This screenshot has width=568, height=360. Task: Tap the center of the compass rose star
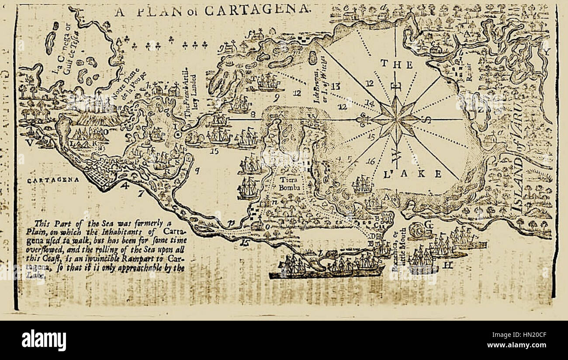[x=395, y=118]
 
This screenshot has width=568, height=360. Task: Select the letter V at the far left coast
[x=29, y=142]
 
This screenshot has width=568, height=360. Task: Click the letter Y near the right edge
[x=545, y=52]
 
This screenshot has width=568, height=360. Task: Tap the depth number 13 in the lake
[x=335, y=86]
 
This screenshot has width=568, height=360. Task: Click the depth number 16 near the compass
[x=371, y=161]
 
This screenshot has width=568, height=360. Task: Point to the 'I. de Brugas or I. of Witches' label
[x=320, y=79]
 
